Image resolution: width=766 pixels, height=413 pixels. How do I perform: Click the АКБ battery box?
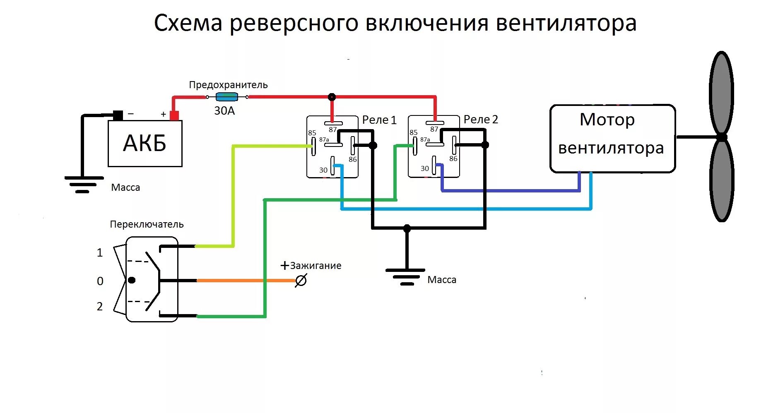point(145,143)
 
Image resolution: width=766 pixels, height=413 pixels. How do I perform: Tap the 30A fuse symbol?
point(227,97)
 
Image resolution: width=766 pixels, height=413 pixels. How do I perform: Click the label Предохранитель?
point(228,85)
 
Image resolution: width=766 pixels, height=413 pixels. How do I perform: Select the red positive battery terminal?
point(174,115)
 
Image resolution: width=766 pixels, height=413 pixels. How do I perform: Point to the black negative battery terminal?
point(118,115)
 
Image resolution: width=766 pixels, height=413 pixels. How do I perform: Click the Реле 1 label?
point(379,120)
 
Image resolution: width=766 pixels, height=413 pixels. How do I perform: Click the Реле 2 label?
point(481,120)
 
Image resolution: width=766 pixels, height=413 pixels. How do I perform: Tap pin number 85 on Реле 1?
point(312,133)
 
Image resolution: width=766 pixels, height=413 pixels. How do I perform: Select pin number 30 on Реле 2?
point(424,168)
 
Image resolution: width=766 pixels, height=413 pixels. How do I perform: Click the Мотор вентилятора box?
point(612,138)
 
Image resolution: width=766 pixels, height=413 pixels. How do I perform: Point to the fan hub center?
point(722,137)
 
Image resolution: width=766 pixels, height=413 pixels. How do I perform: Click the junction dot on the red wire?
point(332,97)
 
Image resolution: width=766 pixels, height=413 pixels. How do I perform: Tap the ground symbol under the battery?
point(83,185)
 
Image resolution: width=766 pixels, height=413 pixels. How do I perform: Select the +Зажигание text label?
point(311,266)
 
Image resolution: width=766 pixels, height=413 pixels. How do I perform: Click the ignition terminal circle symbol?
point(301,281)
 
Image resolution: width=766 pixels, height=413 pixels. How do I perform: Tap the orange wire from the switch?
point(244,281)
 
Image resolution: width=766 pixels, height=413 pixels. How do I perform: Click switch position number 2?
point(100,306)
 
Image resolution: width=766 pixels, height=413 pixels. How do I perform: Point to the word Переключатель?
point(147,224)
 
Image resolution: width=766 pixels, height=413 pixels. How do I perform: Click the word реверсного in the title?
point(294,23)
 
